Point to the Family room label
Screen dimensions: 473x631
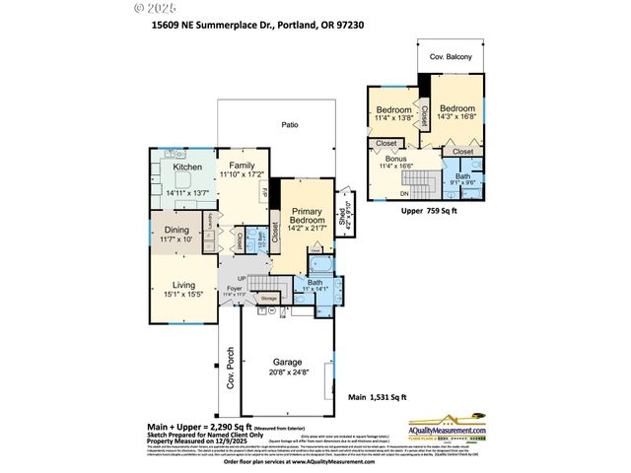[242, 165]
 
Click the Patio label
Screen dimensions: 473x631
[289, 125]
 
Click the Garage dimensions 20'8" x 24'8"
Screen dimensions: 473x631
[287, 371]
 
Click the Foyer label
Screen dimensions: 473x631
[234, 289]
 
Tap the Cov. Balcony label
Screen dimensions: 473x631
[450, 57]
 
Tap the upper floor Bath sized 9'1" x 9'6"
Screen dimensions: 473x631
[462, 180]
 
